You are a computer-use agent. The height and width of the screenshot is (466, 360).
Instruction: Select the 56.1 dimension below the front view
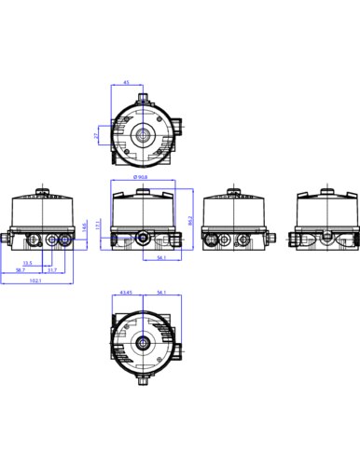pos(161,258)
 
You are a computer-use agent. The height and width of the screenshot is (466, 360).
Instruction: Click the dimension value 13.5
pos(29,263)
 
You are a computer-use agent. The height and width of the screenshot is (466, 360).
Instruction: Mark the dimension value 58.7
pos(19,270)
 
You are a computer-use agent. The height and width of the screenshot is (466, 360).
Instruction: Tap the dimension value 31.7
pos(52,270)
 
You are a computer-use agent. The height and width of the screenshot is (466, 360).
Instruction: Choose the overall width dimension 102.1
pos(35,281)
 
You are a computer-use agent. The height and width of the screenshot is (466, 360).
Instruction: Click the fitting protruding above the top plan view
pos(143,94)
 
